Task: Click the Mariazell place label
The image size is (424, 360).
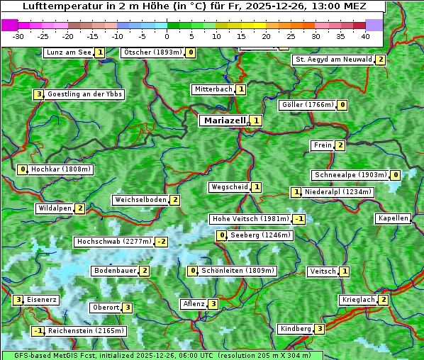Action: click(225, 120)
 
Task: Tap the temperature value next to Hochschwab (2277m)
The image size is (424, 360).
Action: click(162, 242)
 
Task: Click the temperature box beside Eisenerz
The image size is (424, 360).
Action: click(18, 300)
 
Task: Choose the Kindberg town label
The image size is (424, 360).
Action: click(296, 329)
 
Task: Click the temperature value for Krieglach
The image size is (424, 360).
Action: click(384, 300)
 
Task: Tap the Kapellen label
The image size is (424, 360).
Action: click(393, 218)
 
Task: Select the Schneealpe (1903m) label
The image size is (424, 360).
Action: click(350, 175)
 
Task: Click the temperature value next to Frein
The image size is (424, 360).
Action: click(340, 145)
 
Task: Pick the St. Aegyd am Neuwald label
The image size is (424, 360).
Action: click(333, 60)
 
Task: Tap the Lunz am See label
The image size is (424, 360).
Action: click(69, 52)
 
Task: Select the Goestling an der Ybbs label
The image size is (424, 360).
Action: click(84, 94)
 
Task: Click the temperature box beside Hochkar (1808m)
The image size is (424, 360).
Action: click(23, 169)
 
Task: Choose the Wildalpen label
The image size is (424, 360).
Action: click(55, 208)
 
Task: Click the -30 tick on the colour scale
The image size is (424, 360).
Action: click(19, 35)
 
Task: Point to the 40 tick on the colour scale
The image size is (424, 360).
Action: click(365, 35)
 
